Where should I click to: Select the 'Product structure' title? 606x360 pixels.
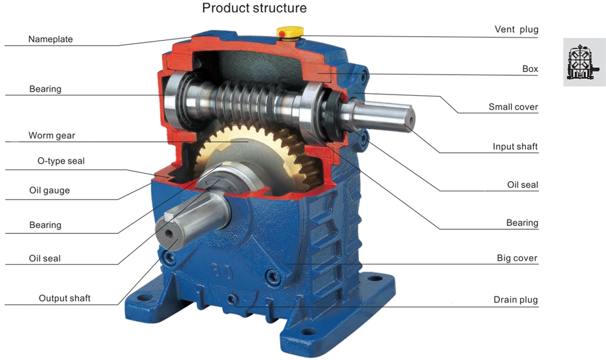pos(254,8)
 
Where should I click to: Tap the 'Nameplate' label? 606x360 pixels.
pos(50,39)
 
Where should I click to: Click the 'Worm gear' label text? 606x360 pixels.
pos(52,135)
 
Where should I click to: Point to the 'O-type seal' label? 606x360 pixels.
pos(57,161)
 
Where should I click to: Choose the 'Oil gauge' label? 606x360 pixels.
pos(49,190)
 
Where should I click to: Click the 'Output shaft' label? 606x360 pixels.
pos(64,298)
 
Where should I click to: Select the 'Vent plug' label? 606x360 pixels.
pos(516,29)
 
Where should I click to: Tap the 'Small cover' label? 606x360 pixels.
pos(513,107)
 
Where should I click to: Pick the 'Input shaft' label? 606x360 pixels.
pos(514,147)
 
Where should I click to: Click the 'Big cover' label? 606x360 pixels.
pos(516,258)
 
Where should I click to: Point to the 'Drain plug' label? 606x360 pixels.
pos(515,299)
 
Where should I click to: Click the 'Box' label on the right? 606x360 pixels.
pos(530,69)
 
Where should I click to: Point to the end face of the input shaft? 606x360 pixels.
pos(409,119)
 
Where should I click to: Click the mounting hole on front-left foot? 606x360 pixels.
pos(144,298)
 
